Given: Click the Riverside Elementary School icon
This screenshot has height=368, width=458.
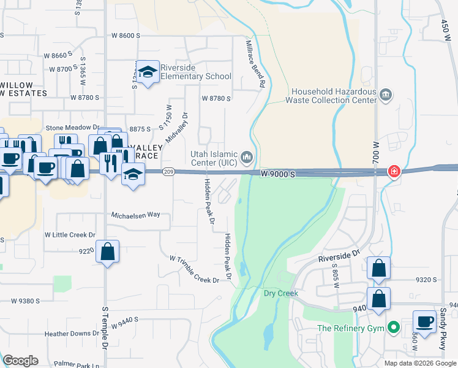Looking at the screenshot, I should [147, 73].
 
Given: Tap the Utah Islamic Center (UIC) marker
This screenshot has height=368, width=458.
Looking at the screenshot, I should [247, 158].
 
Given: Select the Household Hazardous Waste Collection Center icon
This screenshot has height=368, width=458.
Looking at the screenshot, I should [386, 94].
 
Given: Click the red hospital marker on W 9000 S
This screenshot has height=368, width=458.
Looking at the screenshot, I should [394, 171].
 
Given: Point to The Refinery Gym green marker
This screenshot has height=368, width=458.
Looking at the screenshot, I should [394, 328].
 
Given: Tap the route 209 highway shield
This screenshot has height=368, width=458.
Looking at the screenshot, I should [168, 172].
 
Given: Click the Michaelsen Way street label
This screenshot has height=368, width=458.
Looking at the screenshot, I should [135, 215].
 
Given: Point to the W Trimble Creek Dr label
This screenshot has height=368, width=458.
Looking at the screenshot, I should [194, 269].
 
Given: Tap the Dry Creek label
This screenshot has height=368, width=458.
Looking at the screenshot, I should [280, 293].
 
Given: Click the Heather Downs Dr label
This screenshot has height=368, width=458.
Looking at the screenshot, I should [72, 334].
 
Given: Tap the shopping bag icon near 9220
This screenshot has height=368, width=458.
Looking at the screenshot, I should [107, 252].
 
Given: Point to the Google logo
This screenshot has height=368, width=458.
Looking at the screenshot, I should [20, 361].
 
